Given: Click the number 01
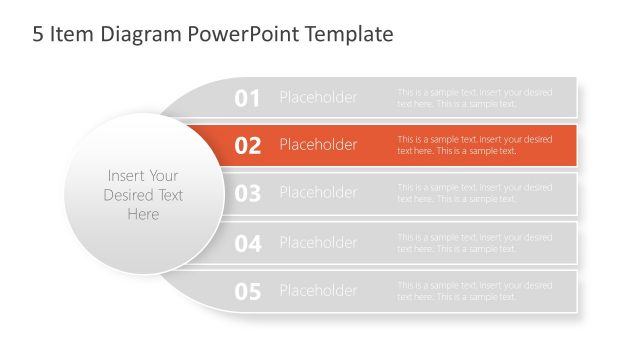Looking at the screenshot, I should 247,98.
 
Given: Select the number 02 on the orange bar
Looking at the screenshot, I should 247,146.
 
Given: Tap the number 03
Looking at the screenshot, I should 247,194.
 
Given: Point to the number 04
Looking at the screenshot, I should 247,243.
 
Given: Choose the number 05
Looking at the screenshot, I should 247,292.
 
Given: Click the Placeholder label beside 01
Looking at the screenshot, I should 318,97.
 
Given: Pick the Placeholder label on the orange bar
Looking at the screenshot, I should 318,145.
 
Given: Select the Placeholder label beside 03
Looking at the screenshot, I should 318,193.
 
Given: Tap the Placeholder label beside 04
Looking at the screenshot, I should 318,242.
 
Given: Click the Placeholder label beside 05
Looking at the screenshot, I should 318,291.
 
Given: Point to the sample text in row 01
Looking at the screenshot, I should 474,98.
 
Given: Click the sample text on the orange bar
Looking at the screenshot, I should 474,145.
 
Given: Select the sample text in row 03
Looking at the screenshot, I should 474,193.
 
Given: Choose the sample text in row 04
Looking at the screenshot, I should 474,243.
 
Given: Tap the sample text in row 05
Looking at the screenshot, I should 474,291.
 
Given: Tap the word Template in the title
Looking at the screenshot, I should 353,35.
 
